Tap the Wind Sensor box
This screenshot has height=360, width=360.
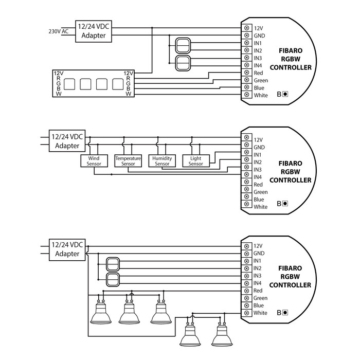[x=94, y=161]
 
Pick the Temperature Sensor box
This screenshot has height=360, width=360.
[x=128, y=161]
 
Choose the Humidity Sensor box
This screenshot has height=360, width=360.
[x=162, y=161]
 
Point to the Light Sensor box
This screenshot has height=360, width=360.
[x=196, y=161]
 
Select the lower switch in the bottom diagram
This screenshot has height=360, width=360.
[x=113, y=280]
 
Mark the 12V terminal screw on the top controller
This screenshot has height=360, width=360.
[x=247, y=27]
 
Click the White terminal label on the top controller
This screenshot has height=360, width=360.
[x=261, y=95]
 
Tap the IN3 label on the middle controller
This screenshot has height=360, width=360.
[x=258, y=169]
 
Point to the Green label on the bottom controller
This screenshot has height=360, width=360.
[x=261, y=298]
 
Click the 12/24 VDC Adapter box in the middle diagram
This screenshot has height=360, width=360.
[x=67, y=141]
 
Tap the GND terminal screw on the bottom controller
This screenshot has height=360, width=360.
[x=247, y=254]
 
